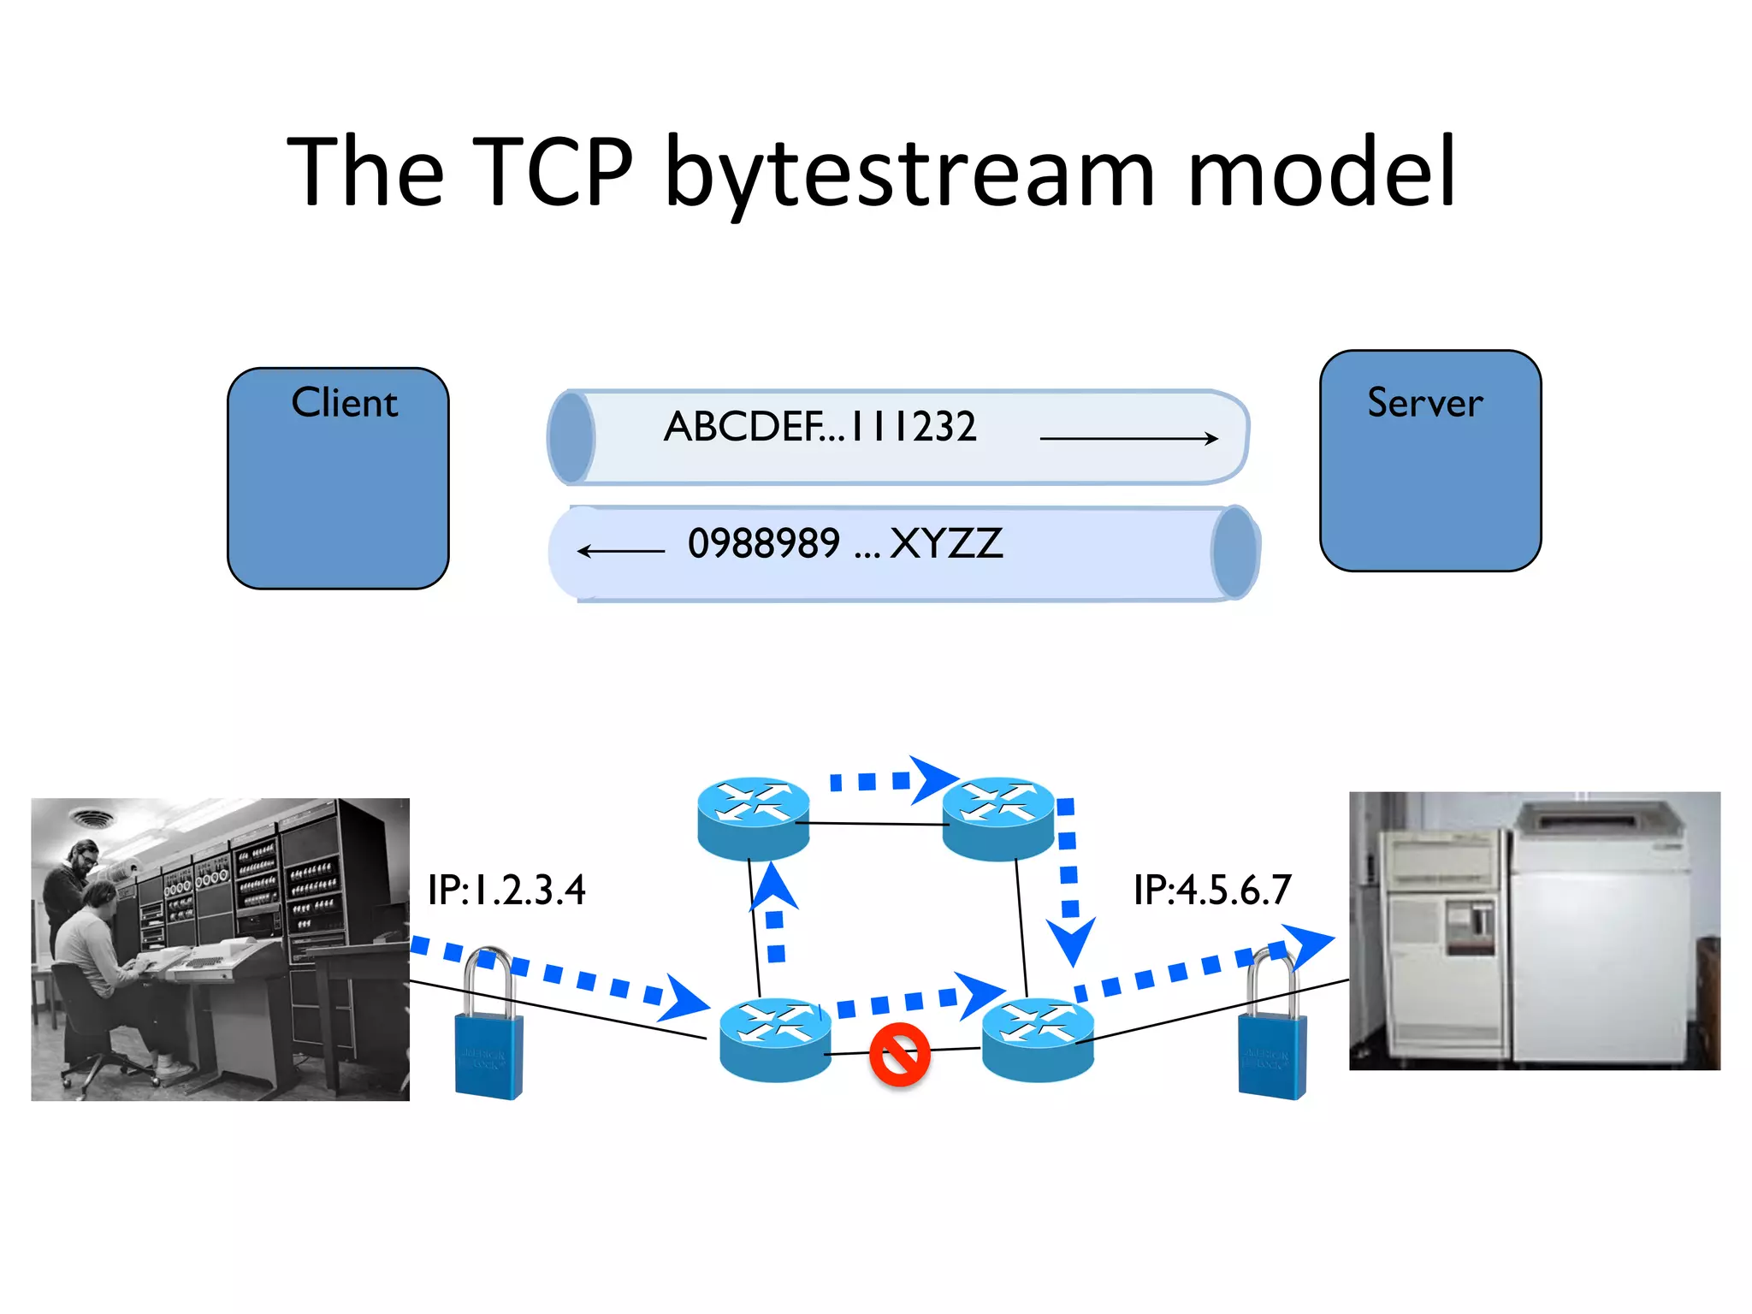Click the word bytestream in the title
point(909,175)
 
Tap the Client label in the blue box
point(344,403)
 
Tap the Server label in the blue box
point(1424,403)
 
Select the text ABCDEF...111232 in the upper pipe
point(820,426)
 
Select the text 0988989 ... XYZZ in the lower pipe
point(844,544)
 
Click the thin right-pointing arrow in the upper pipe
point(1128,439)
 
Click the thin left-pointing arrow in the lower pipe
point(621,551)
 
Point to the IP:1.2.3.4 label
point(506,891)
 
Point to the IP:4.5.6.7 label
point(1211,891)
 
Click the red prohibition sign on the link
point(899,1054)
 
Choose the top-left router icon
point(753,818)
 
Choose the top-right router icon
point(997,818)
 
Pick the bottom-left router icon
point(775,1039)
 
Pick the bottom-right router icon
point(1038,1039)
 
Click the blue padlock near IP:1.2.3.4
point(488,1039)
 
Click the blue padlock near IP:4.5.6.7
point(1272,1039)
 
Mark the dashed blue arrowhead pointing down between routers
point(1071,941)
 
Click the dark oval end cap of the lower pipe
point(1234,552)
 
